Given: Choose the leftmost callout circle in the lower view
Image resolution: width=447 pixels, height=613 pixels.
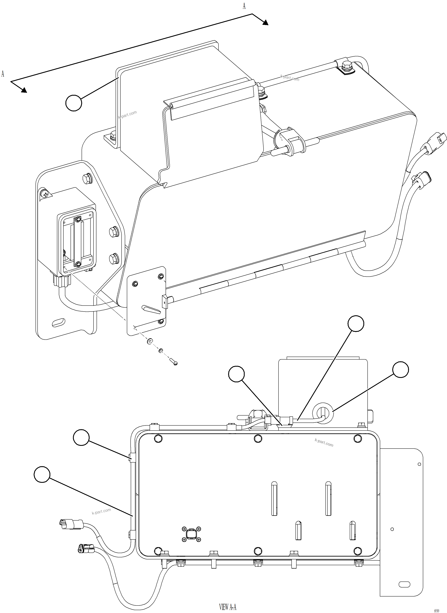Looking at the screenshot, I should click(42, 474).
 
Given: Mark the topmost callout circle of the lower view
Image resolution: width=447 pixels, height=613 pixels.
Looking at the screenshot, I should click(356, 323).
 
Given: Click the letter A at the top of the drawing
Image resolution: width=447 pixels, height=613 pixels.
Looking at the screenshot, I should click(244, 6).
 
